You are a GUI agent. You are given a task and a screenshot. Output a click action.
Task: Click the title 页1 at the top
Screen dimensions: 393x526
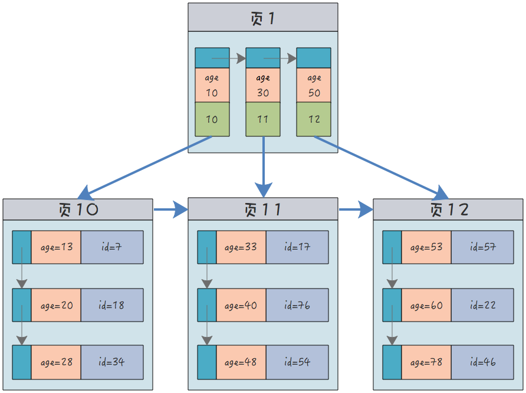pyautogui.click(x=263, y=18)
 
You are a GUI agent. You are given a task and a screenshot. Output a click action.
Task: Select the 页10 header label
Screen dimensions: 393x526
pyautogui.click(x=78, y=209)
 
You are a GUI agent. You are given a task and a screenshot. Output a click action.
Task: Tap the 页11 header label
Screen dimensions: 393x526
pyautogui.click(x=263, y=209)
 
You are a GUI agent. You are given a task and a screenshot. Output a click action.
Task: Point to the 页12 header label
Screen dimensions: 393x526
pyautogui.click(x=448, y=209)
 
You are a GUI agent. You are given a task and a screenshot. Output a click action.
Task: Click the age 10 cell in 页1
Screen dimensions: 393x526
pyautogui.click(x=212, y=85)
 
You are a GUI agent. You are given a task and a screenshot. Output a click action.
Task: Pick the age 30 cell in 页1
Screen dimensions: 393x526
pyautogui.click(x=263, y=85)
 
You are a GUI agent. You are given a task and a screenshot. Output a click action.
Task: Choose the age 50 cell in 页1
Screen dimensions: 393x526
pyautogui.click(x=314, y=85)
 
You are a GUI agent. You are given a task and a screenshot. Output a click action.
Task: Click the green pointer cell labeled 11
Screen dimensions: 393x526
pyautogui.click(x=263, y=119)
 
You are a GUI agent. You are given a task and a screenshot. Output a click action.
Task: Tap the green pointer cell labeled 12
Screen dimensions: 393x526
pyautogui.click(x=314, y=119)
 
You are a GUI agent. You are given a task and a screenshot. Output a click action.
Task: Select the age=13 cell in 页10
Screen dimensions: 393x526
pyautogui.click(x=56, y=247)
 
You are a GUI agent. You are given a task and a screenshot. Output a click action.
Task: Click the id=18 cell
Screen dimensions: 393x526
pyautogui.click(x=112, y=305)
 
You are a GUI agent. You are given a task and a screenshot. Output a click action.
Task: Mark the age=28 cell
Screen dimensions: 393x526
pyautogui.click(x=56, y=362)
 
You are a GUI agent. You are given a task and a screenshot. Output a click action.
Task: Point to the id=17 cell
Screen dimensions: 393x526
pyautogui.click(x=297, y=247)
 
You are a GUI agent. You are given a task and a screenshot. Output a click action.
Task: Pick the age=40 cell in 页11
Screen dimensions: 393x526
pyautogui.click(x=241, y=305)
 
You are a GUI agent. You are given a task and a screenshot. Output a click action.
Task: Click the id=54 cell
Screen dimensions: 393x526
pyautogui.click(x=297, y=362)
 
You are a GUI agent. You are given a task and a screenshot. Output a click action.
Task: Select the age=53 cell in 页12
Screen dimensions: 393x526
pyautogui.click(x=426, y=247)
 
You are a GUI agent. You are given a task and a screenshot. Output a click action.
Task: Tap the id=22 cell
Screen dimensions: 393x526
pyautogui.click(x=482, y=305)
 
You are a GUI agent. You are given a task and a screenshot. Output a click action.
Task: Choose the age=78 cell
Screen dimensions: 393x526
pyautogui.click(x=426, y=362)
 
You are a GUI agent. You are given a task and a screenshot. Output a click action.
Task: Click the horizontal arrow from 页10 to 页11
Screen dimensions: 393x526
pyautogui.click(x=170, y=209)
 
